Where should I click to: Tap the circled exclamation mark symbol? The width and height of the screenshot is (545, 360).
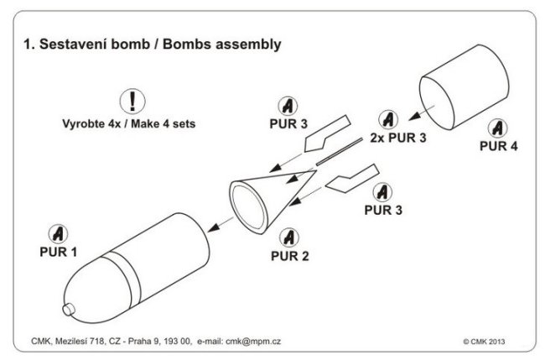(132, 102)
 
